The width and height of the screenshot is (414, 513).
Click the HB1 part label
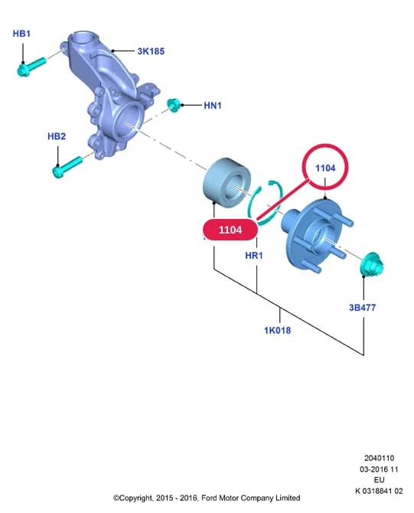coord(21,34)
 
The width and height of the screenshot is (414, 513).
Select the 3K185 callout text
coord(151,51)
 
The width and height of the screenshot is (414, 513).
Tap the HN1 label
coord(212,106)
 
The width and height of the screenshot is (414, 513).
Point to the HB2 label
coord(57,136)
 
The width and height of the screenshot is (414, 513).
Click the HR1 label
coord(254,255)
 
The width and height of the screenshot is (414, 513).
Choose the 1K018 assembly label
coord(277,330)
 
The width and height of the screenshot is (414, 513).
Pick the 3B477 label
coord(362,308)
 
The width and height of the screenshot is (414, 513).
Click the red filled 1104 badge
coord(230,230)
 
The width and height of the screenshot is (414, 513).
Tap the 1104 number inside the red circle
coord(325,168)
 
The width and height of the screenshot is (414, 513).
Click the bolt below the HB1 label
coord(31,67)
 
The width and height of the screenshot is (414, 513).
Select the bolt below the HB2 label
coord(67,168)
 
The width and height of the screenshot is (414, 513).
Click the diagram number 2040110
coord(379,458)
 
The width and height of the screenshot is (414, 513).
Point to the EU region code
coord(379,480)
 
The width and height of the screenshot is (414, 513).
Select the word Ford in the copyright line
coord(209,498)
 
